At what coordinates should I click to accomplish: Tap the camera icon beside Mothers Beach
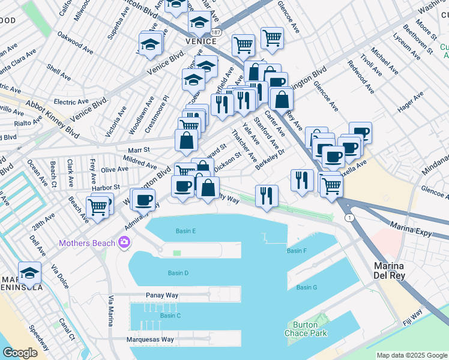(x=124, y=242)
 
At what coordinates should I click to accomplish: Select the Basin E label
(x=186, y=231)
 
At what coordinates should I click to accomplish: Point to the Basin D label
(x=178, y=273)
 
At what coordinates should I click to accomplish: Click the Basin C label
(x=170, y=316)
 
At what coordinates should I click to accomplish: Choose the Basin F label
(x=297, y=251)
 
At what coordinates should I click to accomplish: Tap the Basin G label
(x=307, y=287)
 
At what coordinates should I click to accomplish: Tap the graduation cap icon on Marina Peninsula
(x=29, y=273)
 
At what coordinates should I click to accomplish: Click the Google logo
(x=20, y=352)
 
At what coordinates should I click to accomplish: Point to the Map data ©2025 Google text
(x=411, y=355)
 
